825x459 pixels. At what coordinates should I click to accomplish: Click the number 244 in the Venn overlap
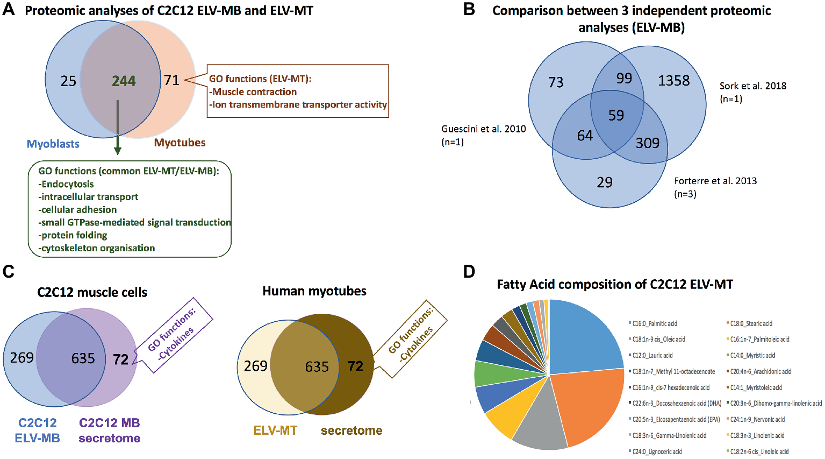(124, 81)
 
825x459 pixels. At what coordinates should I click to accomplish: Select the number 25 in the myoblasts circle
(68, 81)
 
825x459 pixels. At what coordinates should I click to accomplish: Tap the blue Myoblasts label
(53, 144)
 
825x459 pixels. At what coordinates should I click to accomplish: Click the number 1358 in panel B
(673, 81)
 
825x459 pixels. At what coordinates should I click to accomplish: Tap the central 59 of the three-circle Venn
(616, 115)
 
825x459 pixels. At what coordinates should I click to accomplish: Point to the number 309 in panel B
(647, 143)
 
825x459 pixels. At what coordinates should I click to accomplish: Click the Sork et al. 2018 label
(752, 86)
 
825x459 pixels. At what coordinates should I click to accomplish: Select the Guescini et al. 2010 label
(483, 129)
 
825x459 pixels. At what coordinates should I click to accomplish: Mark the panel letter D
(469, 272)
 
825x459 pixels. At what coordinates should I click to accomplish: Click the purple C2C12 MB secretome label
(109, 430)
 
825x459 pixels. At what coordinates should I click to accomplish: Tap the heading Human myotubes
(314, 291)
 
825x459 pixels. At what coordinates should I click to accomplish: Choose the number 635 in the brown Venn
(317, 367)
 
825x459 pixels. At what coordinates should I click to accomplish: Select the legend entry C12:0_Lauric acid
(652, 356)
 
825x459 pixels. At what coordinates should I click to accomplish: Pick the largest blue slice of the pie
(583, 339)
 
